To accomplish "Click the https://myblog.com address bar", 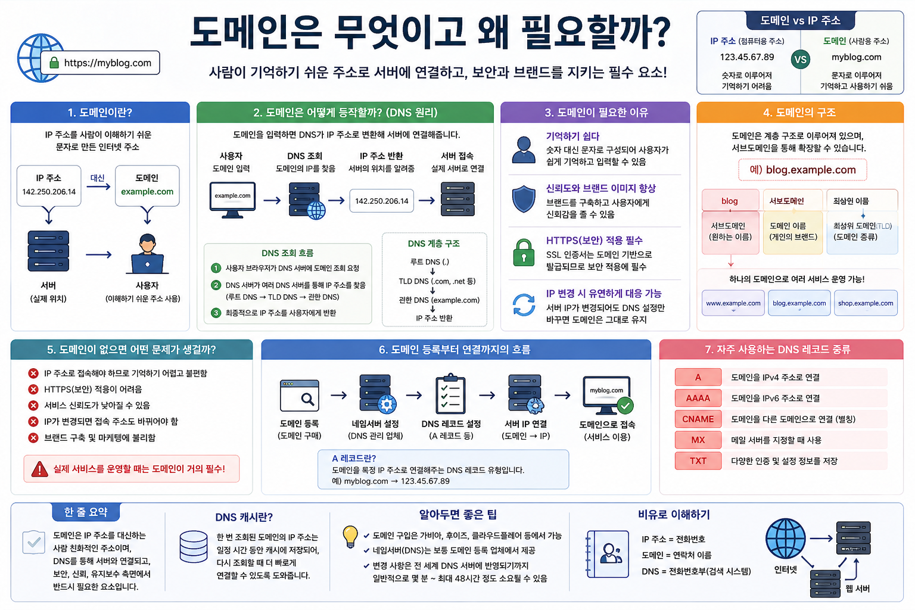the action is [100, 63].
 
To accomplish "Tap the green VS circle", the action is [800, 60].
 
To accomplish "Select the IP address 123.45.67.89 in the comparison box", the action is [747, 57].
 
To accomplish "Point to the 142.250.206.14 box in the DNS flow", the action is [382, 201].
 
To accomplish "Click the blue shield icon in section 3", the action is [524, 199].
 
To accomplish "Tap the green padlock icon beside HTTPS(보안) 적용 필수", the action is [524, 253].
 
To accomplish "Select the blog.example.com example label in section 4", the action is [802, 170].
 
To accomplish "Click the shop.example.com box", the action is [865, 303].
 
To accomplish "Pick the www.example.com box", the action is [733, 303].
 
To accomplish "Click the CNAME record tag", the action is [698, 419].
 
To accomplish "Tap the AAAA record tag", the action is [698, 398].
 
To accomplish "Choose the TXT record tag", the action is [698, 460].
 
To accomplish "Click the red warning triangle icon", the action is [39, 469].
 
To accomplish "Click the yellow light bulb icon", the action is [350, 536].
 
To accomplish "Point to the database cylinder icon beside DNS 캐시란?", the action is [194, 547].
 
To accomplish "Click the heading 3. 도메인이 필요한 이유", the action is [596, 113].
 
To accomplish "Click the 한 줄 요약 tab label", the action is [86, 512].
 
